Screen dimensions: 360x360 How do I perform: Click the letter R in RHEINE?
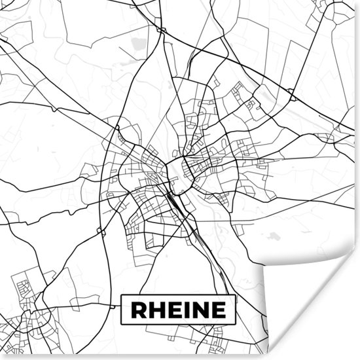137,309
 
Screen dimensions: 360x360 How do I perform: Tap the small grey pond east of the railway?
274,236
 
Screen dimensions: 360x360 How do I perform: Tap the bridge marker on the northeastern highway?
292,98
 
